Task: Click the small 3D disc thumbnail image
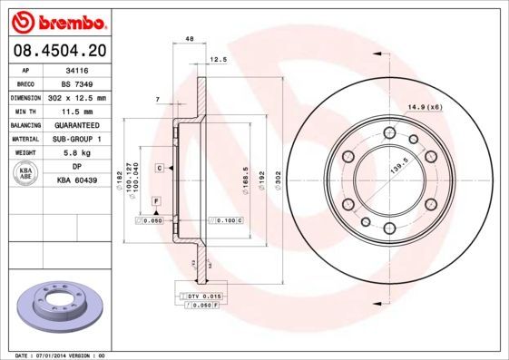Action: tap(58, 306)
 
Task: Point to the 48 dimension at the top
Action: tap(190, 40)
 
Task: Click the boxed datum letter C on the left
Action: tap(159, 169)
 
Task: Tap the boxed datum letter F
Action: tap(156, 199)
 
